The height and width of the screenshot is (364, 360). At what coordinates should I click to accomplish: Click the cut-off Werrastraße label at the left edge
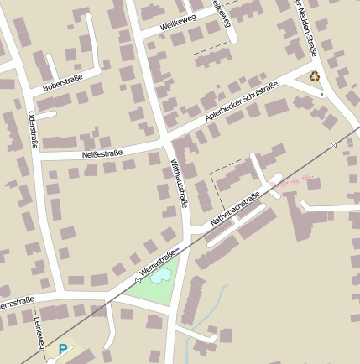pyautogui.click(x=17, y=301)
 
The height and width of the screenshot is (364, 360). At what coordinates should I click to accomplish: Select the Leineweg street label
pyautogui.click(x=38, y=332)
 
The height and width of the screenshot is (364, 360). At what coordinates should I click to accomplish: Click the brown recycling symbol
pyautogui.click(x=314, y=76)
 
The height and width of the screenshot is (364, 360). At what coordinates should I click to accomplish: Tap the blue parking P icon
pyautogui.click(x=62, y=348)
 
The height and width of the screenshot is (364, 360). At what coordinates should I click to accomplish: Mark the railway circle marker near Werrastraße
pyautogui.click(x=138, y=280)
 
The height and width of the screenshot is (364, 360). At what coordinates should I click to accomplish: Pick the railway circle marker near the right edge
pyautogui.click(x=333, y=145)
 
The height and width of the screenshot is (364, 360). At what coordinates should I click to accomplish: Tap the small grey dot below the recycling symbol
pyautogui.click(x=321, y=95)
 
